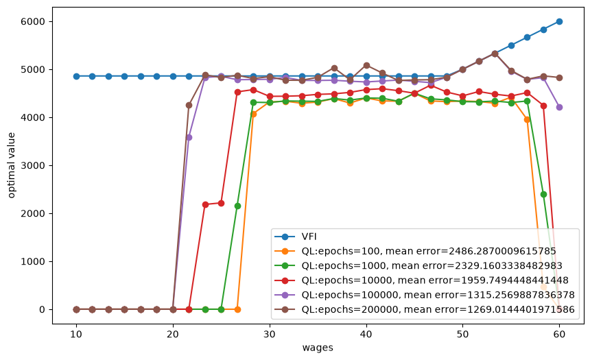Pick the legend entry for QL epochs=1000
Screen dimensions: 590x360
tap(418, 265)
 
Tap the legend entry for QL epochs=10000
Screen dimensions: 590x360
tap(421, 280)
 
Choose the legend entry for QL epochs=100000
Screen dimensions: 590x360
tap(425, 295)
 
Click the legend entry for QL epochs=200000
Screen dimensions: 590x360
tap(425, 309)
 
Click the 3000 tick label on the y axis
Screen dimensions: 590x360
tap(33, 165)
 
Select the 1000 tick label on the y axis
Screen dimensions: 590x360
tap(33, 261)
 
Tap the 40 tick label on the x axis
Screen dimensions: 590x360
tap(366, 334)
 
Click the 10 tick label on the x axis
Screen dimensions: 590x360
tap(76, 334)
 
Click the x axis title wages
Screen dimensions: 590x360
tap(318, 348)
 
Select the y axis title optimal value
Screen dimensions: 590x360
tap(11, 165)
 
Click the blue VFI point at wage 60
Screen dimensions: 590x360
tap(560, 21)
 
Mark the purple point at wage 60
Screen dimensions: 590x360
tap(560, 107)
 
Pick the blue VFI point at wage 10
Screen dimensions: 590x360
tap(76, 76)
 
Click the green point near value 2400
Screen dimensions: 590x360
tap(543, 195)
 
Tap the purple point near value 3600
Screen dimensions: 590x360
tap(189, 138)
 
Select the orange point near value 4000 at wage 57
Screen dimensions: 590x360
tap(527, 119)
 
